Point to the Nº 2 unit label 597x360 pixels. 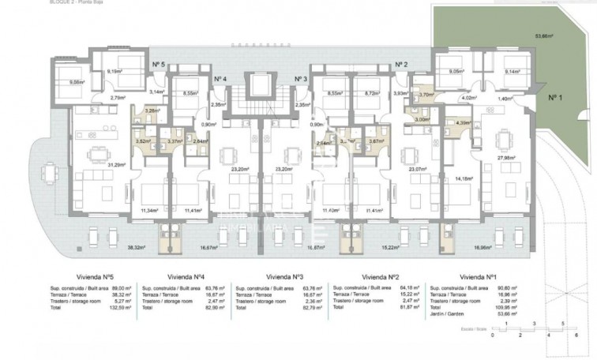click(x=401, y=65)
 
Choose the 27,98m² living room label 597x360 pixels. click(x=506, y=157)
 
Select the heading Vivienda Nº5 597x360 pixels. click(x=77, y=278)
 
